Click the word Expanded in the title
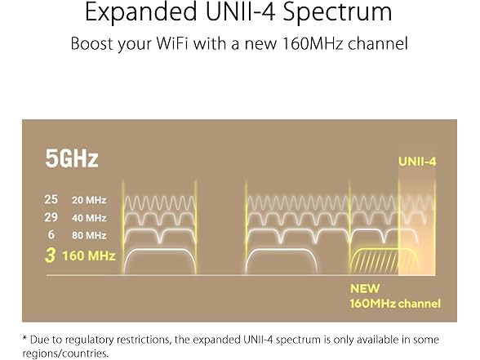tap(140, 13)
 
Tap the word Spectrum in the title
tap(337, 13)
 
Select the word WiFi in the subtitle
tap(171, 43)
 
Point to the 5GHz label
tap(72, 158)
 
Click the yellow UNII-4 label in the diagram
tap(417, 162)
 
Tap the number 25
tap(51, 199)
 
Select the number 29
tap(51, 217)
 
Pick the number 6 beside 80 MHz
tap(51, 235)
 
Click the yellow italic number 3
tap(51, 256)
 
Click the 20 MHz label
tap(89, 200)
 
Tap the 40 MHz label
tap(89, 218)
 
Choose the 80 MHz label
tap(89, 235)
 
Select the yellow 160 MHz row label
tap(89, 256)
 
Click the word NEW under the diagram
tap(365, 288)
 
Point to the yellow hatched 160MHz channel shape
tap(384, 262)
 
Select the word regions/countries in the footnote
tap(65, 353)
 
